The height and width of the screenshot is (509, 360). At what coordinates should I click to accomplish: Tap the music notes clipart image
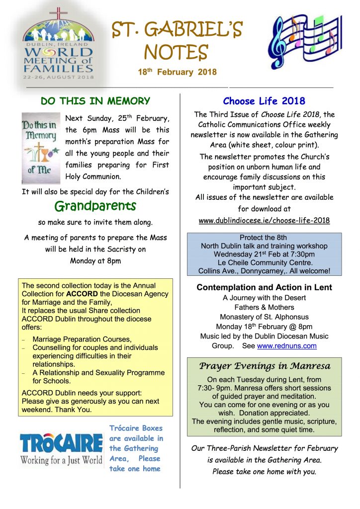(302, 41)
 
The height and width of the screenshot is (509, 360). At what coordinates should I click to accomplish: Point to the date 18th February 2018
(177, 72)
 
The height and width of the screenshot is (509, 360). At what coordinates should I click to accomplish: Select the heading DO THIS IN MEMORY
(95, 101)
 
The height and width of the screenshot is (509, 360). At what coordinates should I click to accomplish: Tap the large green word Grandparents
(95, 206)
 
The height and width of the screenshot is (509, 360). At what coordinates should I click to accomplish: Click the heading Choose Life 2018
(264, 101)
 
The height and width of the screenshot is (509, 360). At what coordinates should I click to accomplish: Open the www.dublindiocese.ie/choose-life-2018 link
(264, 220)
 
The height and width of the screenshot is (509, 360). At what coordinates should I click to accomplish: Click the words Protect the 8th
(263, 238)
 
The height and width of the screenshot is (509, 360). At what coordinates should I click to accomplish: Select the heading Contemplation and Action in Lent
(264, 287)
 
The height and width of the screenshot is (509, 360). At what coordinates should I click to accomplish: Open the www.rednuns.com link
(286, 346)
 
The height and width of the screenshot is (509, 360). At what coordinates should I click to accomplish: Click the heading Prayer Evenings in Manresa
(264, 366)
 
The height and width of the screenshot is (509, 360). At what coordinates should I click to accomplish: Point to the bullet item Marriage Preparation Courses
(82, 339)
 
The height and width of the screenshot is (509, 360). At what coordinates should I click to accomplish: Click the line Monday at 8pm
(95, 260)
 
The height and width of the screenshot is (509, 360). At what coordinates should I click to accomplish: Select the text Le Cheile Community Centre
(264, 262)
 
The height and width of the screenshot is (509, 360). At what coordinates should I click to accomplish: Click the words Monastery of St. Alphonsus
(264, 317)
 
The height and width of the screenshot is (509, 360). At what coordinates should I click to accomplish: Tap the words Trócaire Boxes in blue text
(136, 428)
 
